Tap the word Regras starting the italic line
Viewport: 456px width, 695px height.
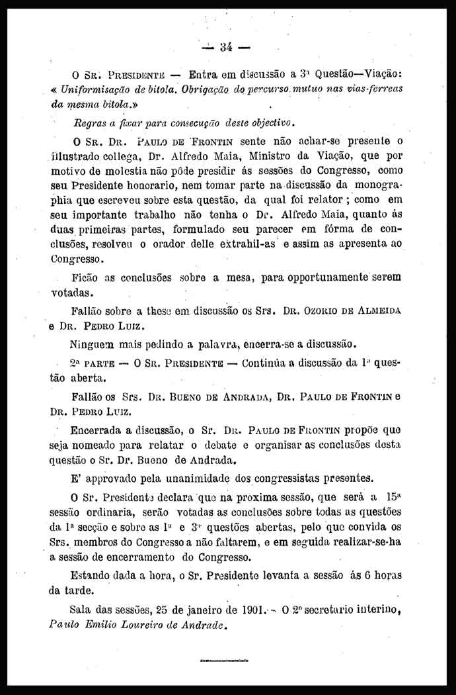click(92, 122)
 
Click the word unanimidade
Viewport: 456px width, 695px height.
click(228, 479)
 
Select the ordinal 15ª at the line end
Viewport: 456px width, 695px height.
click(391, 497)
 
